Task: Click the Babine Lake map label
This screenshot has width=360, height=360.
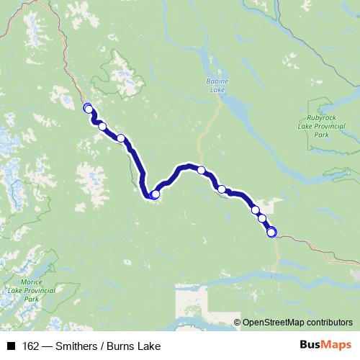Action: click(x=217, y=86)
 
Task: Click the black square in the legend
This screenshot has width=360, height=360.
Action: click(x=11, y=346)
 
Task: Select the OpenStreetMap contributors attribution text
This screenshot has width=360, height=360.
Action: click(x=297, y=322)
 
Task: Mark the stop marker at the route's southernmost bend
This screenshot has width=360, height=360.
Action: click(x=155, y=194)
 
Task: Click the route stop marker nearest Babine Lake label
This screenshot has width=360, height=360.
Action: click(x=202, y=171)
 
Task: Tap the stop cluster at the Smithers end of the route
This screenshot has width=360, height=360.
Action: click(x=88, y=109)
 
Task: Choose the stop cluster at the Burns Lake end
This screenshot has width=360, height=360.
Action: click(x=271, y=232)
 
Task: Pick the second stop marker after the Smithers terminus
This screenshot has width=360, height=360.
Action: click(x=102, y=127)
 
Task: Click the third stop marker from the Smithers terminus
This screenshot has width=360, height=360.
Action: click(x=121, y=138)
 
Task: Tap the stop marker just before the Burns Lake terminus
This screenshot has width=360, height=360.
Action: click(x=262, y=218)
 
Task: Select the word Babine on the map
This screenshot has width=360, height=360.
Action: click(x=217, y=81)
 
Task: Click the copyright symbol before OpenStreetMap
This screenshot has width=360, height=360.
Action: click(x=238, y=322)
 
